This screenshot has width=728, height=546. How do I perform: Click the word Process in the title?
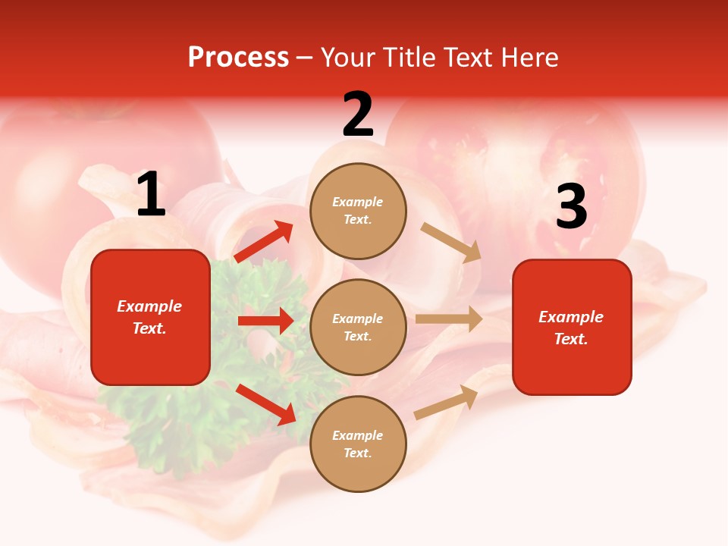point(238,58)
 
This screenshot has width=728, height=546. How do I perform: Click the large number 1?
point(151,195)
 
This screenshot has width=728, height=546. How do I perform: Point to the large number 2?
point(358,115)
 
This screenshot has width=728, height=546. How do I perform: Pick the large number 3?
point(571,207)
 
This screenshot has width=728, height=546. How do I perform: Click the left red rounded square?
point(150,317)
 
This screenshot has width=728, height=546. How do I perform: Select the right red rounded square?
point(572,328)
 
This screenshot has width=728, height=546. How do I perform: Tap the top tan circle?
point(358,211)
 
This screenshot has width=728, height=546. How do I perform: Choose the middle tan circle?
point(358,327)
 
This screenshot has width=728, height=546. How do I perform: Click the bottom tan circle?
point(358,444)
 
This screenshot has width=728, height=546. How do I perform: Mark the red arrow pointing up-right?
point(263,242)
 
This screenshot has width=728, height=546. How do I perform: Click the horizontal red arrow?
point(265,321)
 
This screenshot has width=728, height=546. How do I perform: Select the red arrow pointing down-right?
point(265,404)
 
